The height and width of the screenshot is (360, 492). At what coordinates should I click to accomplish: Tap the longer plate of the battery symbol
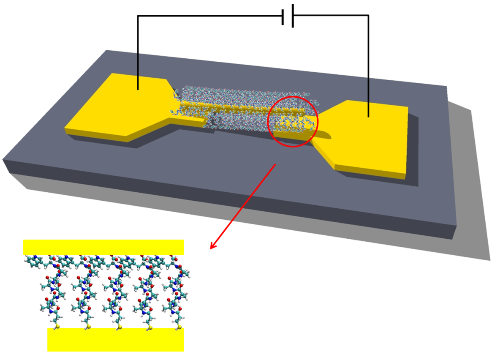(x=293, y=16)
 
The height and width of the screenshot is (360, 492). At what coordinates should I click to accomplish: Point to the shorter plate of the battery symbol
(x=283, y=17)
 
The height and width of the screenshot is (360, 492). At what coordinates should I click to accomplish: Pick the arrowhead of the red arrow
(x=212, y=246)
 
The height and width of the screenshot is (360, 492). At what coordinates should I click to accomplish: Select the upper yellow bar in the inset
(x=103, y=247)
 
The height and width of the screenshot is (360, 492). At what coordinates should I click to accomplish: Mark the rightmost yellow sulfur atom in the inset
(x=178, y=327)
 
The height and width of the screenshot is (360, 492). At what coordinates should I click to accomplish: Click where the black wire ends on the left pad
(x=138, y=89)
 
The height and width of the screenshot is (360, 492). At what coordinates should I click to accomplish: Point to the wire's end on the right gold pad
(x=368, y=116)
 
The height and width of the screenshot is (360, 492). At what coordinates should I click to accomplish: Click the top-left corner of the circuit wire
(x=138, y=16)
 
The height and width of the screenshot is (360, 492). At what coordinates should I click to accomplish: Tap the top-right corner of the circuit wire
(x=368, y=16)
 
